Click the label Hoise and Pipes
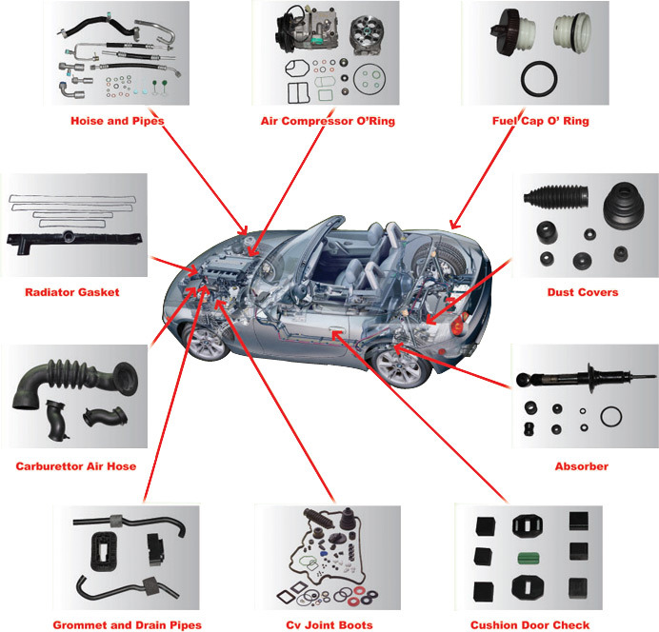(x=118, y=121)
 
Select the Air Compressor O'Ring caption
(x=328, y=121)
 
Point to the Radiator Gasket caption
(x=72, y=292)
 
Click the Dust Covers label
(x=583, y=292)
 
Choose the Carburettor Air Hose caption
(x=75, y=466)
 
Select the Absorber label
(x=582, y=466)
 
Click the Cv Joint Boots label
(x=328, y=625)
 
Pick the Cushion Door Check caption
(x=529, y=625)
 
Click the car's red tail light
(x=461, y=326)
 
